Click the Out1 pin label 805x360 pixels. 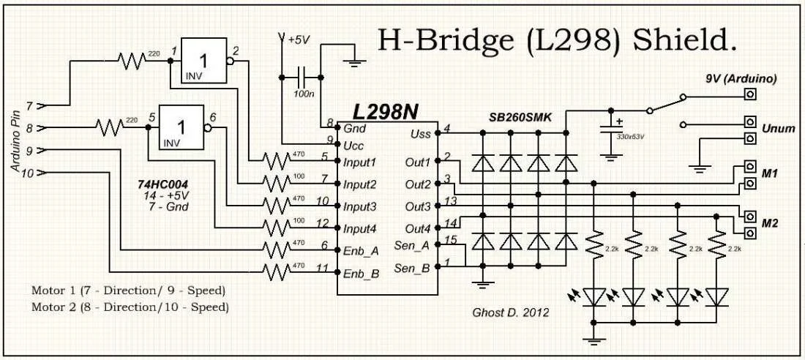click(x=417, y=161)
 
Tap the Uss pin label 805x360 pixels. click(x=420, y=135)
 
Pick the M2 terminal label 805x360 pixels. click(x=770, y=222)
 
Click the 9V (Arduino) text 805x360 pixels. click(x=740, y=78)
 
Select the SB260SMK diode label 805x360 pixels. click(x=521, y=117)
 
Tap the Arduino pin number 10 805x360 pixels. click(x=28, y=173)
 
